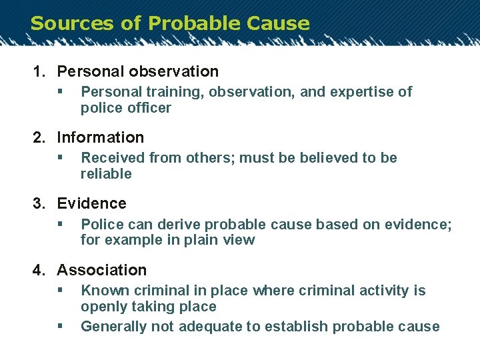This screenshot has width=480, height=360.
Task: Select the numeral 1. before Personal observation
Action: pyautogui.click(x=40, y=71)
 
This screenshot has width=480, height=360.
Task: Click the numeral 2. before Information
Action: pyautogui.click(x=40, y=138)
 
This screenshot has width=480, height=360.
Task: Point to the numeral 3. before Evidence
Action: pyautogui.click(x=40, y=204)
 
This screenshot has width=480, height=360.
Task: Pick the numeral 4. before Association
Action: pyautogui.click(x=40, y=271)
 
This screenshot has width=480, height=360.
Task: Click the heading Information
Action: pyautogui.click(x=100, y=138)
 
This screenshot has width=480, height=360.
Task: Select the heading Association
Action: pyautogui.click(x=101, y=271)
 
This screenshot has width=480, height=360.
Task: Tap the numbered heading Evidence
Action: pyautogui.click(x=91, y=204)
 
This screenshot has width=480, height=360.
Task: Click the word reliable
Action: pyautogui.click(x=106, y=174)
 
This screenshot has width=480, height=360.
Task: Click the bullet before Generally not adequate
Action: pyautogui.click(x=60, y=327)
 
